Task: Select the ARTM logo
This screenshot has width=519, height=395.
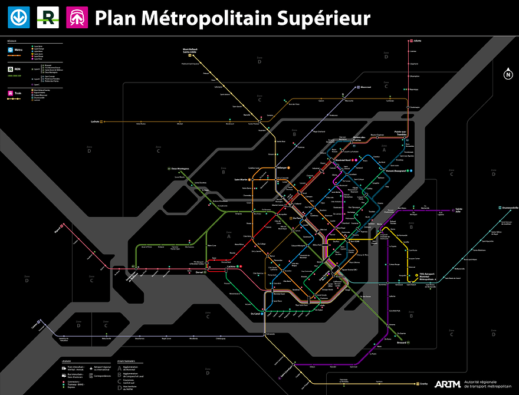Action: coord(447,384)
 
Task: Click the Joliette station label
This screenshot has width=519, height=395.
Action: coord(418,41)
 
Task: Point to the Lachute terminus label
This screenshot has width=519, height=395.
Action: coord(94,121)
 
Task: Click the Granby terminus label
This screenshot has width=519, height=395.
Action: coord(425,383)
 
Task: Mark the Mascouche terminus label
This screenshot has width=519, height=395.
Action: coord(366,87)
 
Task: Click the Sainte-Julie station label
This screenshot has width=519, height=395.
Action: coord(459,211)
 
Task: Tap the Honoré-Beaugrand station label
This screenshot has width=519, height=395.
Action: coord(395,171)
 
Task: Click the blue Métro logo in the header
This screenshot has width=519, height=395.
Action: coord(18,18)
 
